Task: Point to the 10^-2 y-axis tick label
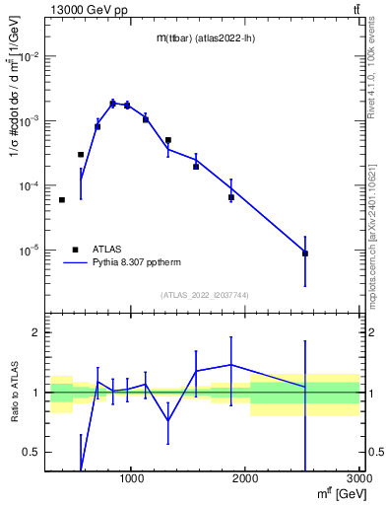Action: coord(29,56)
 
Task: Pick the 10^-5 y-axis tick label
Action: coord(29,251)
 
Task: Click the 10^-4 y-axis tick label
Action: coord(29,185)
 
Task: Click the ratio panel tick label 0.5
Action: coord(32,453)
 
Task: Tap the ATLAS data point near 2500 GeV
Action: coord(305,253)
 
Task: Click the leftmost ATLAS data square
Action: coord(62,200)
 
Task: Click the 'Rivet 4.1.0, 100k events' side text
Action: coord(376,79)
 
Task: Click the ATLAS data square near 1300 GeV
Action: coord(168,140)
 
